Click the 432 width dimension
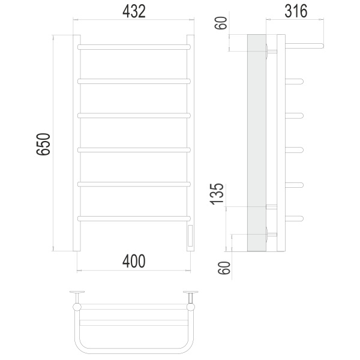pyautogui.click(x=134, y=11)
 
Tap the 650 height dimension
pyautogui.click(x=43, y=144)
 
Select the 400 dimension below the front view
pyautogui.click(x=134, y=261)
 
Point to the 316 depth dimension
pyautogui.click(x=296, y=11)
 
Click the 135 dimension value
pyautogui.click(x=217, y=194)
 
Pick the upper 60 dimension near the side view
pyautogui.click(x=221, y=23)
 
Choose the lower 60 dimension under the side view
pyautogui.click(x=224, y=268)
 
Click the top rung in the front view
pyautogui.click(x=134, y=47)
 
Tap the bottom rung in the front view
pyautogui.click(x=134, y=218)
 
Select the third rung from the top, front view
pyautogui.click(x=134, y=115)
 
